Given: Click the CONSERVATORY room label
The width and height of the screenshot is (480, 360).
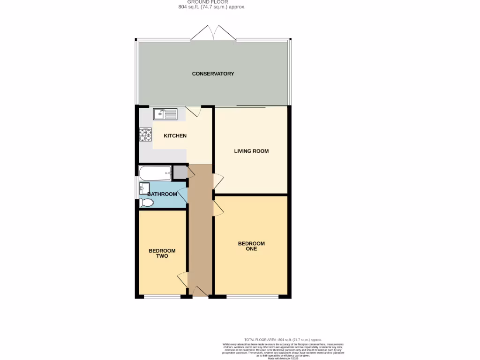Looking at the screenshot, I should [x=213, y=74].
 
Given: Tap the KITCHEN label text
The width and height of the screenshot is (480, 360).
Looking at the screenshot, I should [x=175, y=136].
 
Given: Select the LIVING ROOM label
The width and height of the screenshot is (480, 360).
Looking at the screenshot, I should [x=251, y=151].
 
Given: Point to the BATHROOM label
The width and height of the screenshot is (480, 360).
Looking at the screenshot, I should [x=162, y=194].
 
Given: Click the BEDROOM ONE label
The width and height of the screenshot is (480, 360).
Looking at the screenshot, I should [x=251, y=246].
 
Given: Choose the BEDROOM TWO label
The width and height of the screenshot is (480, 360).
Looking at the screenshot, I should [x=158, y=254].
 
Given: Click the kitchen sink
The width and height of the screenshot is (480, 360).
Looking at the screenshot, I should [x=165, y=113].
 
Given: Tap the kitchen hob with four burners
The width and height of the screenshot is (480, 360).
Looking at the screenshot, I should [x=145, y=135].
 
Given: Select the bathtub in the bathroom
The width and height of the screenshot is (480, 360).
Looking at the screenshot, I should [x=156, y=173].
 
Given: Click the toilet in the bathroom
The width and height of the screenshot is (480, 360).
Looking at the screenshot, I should [x=146, y=202].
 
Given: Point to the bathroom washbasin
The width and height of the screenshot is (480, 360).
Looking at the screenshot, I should [x=144, y=189].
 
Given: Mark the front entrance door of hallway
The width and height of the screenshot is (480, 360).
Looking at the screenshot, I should [x=200, y=292].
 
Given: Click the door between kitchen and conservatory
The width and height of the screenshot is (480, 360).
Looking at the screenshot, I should [x=193, y=111].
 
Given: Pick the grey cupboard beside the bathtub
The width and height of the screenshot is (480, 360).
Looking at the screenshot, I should [x=179, y=172].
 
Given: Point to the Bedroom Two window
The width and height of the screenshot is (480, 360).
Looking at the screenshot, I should [x=162, y=296].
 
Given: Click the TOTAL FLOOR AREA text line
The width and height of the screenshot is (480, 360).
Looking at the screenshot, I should [x=283, y=339].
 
